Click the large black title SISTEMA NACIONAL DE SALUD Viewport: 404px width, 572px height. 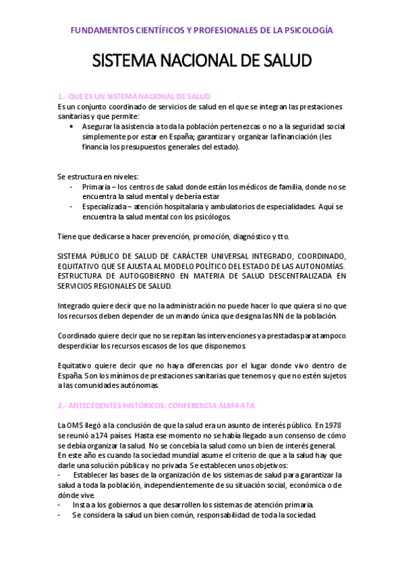[202, 61]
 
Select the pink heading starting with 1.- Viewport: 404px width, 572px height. [134, 96]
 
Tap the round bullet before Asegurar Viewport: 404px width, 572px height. [72, 126]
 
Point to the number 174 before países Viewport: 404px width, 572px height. [98, 435]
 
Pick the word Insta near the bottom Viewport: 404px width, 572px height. [82, 505]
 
